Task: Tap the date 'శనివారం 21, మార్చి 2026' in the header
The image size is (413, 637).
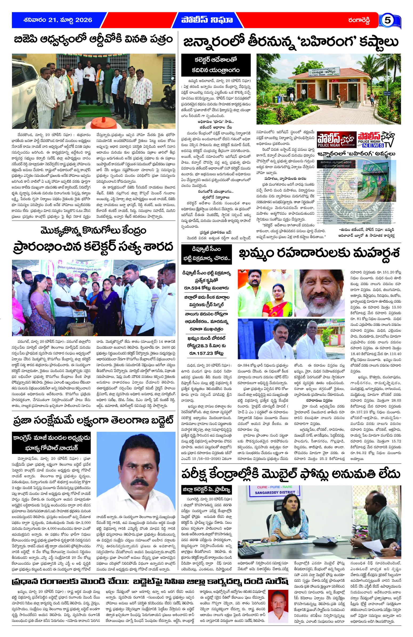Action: [58, 20]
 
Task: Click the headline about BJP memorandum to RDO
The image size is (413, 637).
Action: [94, 40]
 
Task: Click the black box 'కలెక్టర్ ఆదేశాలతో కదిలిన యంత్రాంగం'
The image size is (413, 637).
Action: [216, 65]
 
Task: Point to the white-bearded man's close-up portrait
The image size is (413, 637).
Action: [319, 293]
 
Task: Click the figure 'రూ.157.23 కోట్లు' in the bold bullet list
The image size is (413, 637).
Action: [206, 353]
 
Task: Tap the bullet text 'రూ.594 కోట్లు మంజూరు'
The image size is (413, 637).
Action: [206, 288]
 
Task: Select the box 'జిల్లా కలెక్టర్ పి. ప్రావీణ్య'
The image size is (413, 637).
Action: [206, 490]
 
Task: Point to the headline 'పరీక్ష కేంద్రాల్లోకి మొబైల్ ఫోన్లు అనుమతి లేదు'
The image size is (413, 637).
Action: [291, 474]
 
